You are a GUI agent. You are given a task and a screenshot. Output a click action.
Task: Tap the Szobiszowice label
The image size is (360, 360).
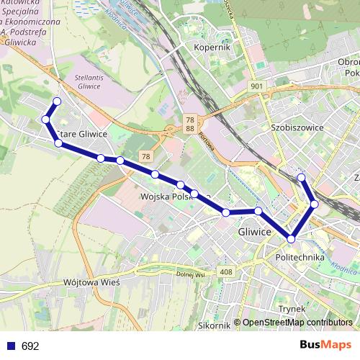(x=295, y=127)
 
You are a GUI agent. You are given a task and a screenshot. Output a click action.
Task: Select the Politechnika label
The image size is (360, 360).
(x=300, y=257)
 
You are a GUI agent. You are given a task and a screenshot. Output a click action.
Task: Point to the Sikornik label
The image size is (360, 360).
(x=215, y=325)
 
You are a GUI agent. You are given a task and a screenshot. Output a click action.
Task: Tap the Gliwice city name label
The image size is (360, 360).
(x=255, y=233)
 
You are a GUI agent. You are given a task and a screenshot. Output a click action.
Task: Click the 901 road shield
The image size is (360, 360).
(x=258, y=86)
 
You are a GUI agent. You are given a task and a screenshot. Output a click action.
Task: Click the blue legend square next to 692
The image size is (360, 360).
(x=10, y=346)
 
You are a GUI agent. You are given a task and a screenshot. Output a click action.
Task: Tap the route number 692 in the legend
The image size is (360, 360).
(x=30, y=346)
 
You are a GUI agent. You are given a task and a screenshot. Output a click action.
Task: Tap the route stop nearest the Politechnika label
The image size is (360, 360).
(x=292, y=238)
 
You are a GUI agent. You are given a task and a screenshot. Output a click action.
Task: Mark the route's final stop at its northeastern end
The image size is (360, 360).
(x=302, y=177)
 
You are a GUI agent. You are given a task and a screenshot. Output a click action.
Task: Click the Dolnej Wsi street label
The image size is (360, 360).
(x=191, y=274)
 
